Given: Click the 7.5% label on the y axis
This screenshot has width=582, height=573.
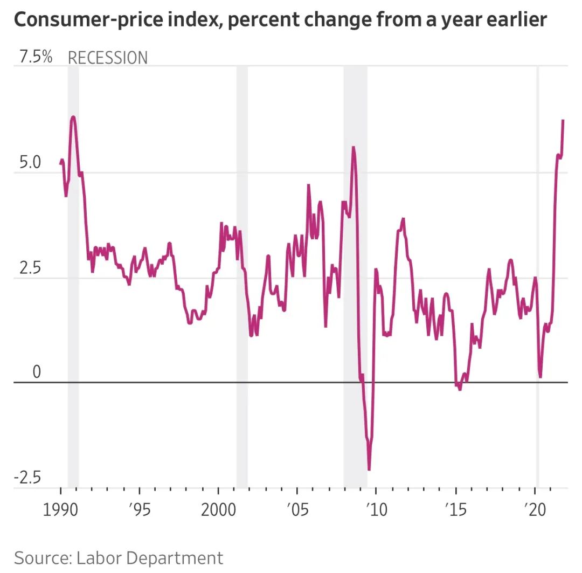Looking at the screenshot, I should [x=36, y=57].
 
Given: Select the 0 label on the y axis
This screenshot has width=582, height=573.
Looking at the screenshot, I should [x=36, y=372].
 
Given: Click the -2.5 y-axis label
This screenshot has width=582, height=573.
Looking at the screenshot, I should [x=27, y=478].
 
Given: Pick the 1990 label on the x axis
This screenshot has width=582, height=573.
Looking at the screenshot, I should [x=60, y=509].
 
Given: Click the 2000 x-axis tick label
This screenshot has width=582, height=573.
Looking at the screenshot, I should [x=218, y=509].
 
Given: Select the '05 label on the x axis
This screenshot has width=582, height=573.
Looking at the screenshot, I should [x=297, y=509].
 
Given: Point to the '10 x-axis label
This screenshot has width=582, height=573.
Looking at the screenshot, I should [x=376, y=509].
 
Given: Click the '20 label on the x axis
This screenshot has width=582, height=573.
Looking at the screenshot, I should [x=535, y=509].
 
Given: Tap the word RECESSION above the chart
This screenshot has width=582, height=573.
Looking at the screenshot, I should [x=107, y=58].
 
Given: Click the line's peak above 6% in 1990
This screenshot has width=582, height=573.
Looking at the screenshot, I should [x=73, y=117].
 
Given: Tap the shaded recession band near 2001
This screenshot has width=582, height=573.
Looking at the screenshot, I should [x=242, y=270].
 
